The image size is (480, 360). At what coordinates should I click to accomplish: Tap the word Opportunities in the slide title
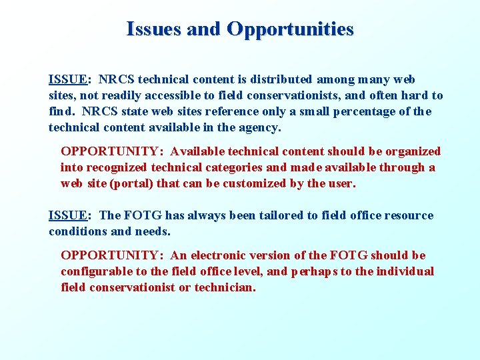pos(290,29)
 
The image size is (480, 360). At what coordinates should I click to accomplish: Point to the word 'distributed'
pos(279,79)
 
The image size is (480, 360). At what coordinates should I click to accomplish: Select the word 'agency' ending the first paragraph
pos(262,127)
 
